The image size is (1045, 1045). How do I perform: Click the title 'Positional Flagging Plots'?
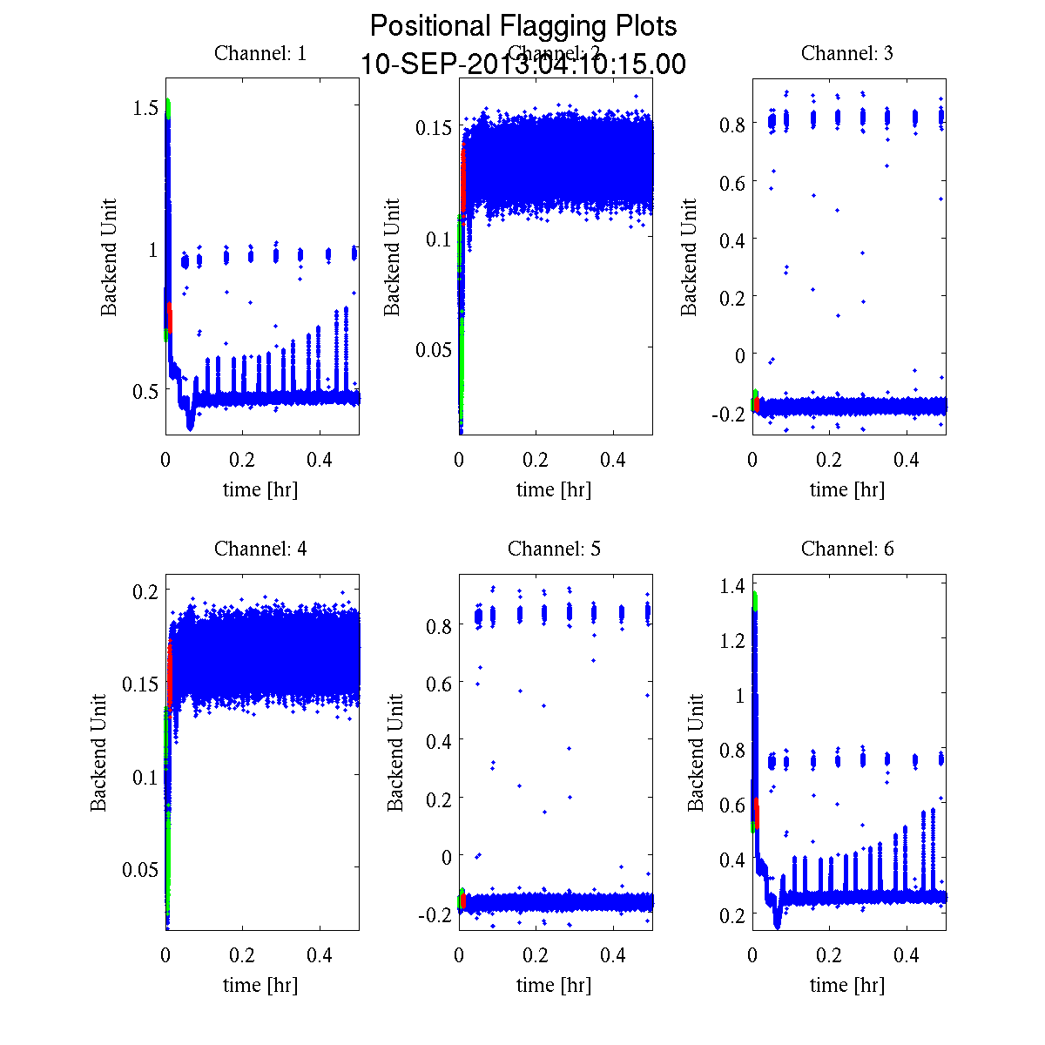523,26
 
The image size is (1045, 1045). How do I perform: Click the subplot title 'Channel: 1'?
260,53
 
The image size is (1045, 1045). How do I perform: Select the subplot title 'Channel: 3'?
846,53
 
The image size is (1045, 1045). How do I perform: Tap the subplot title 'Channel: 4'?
260,549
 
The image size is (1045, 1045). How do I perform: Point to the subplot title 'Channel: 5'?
554,549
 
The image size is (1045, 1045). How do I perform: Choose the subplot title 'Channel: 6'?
846,549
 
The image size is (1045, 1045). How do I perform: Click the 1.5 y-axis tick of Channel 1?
145,107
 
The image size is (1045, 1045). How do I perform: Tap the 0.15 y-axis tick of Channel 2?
433,127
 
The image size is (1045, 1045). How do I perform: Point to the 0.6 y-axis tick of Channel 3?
732,181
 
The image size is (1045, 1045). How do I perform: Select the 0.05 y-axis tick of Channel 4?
139,868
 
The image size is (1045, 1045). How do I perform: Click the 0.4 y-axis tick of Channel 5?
439,740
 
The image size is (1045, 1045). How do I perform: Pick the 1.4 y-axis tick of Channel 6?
732,586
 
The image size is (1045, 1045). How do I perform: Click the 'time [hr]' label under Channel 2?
554,489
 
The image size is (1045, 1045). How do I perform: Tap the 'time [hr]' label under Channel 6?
846,985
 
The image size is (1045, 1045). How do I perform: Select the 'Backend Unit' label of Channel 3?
689,257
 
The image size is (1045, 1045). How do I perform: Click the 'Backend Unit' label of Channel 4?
98,752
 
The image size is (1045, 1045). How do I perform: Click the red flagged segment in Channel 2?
463,179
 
